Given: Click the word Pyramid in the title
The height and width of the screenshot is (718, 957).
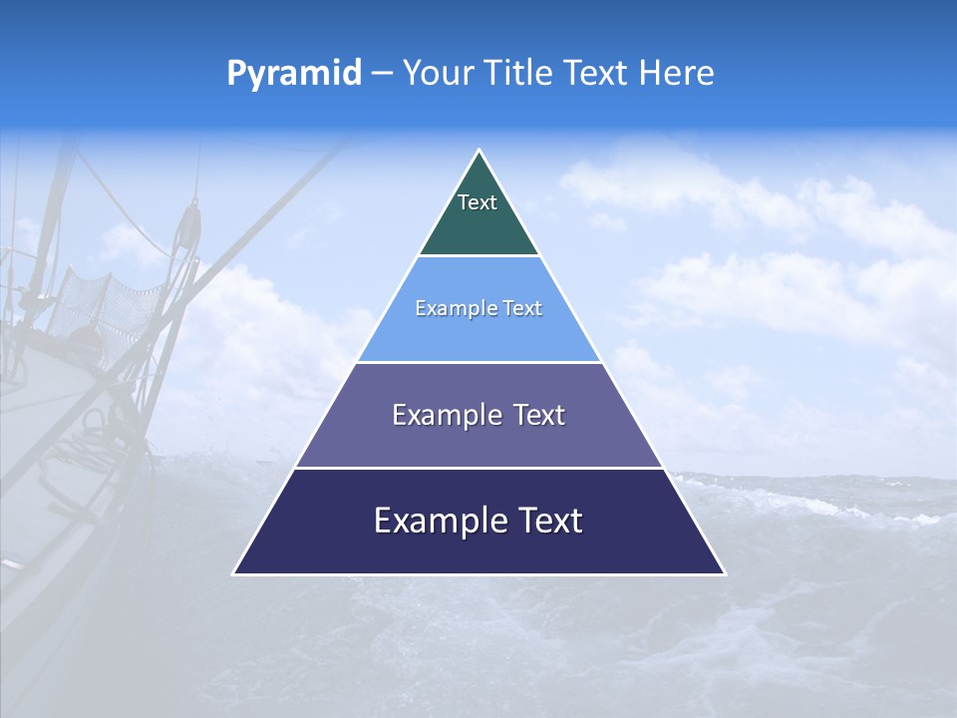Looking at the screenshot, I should (x=293, y=74).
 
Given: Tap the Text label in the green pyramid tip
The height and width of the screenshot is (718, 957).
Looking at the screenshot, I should (x=478, y=202).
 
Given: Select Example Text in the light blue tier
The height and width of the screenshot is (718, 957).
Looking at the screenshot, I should (x=478, y=309).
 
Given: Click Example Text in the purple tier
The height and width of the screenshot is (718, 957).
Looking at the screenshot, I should (x=478, y=415).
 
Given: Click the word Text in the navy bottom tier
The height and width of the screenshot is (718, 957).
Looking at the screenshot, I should (x=549, y=521).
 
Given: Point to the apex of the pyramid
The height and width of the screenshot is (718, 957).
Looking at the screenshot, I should (x=478, y=151).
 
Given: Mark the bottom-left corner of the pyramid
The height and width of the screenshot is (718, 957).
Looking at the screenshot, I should (x=234, y=573).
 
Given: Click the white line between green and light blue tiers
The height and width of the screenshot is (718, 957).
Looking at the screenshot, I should (x=478, y=256).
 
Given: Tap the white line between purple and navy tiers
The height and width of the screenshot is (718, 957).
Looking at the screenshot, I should (x=478, y=468).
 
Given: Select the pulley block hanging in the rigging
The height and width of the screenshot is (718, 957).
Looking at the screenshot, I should (x=189, y=223).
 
